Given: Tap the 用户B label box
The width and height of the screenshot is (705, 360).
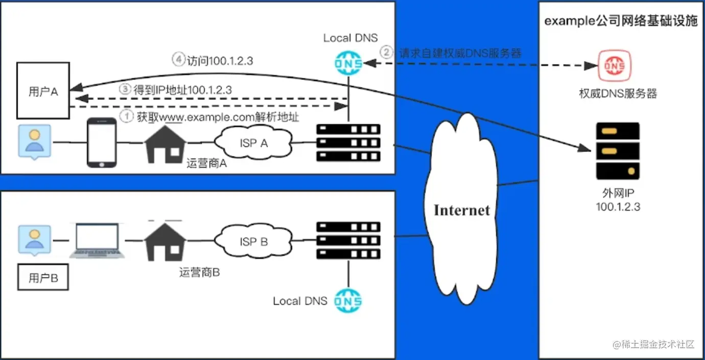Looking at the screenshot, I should point(43,278).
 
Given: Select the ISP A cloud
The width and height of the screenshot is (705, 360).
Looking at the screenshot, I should point(254,143).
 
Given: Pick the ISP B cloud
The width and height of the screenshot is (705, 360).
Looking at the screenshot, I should point(254,241).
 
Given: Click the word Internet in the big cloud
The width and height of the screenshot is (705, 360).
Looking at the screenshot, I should point(461,210).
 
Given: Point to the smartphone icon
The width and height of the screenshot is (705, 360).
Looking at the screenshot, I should point(101,143).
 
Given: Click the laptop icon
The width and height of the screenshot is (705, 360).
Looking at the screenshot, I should point(97,241).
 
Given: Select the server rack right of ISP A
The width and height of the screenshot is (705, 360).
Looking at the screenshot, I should point(348,142).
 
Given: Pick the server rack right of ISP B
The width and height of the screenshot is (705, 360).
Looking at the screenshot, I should point(348,240).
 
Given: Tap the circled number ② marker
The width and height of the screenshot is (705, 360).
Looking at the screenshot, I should point(387,52).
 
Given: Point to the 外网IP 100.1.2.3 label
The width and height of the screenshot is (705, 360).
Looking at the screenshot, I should point(618,200).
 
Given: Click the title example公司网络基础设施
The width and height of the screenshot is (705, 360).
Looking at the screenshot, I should point(620,21).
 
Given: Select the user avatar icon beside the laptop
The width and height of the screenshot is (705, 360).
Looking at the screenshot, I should point(35,241).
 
